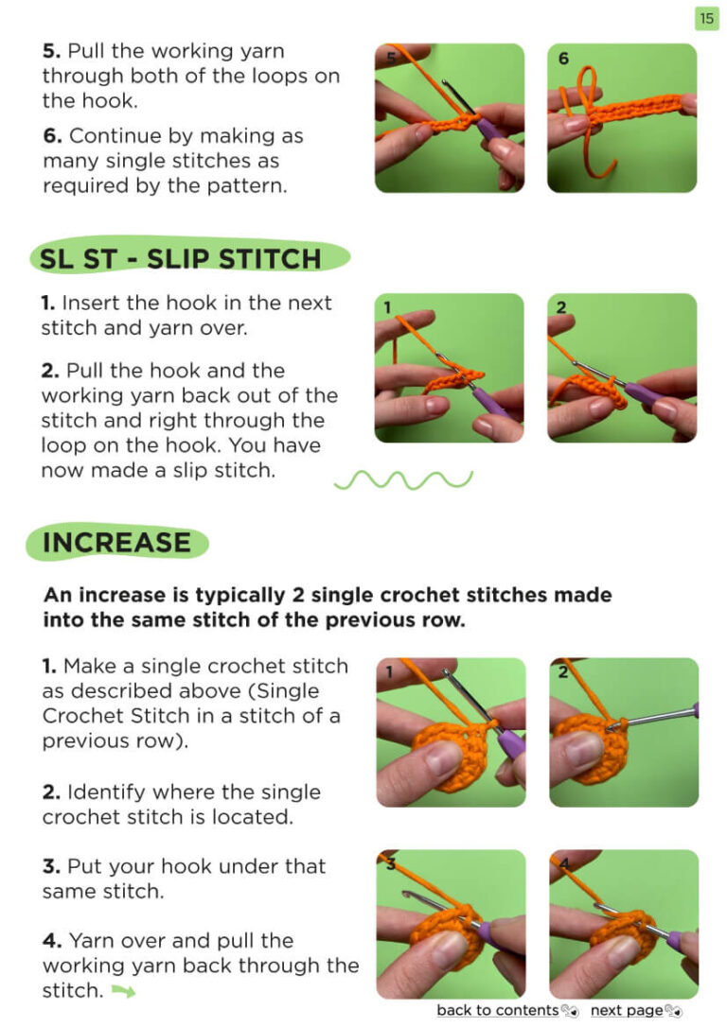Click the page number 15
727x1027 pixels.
706,18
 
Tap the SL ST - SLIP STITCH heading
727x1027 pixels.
181,259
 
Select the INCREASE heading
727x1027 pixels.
116,543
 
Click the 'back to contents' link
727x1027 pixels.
498,1010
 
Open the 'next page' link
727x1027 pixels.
627,1010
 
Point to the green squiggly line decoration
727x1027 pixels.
403,480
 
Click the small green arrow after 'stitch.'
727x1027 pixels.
123,992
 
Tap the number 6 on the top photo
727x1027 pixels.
563,59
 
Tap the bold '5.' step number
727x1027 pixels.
52,51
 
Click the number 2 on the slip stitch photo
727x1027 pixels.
561,307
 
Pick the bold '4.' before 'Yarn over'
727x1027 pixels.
52,941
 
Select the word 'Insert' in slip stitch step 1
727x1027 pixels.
91,304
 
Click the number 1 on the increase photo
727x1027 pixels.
389,671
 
